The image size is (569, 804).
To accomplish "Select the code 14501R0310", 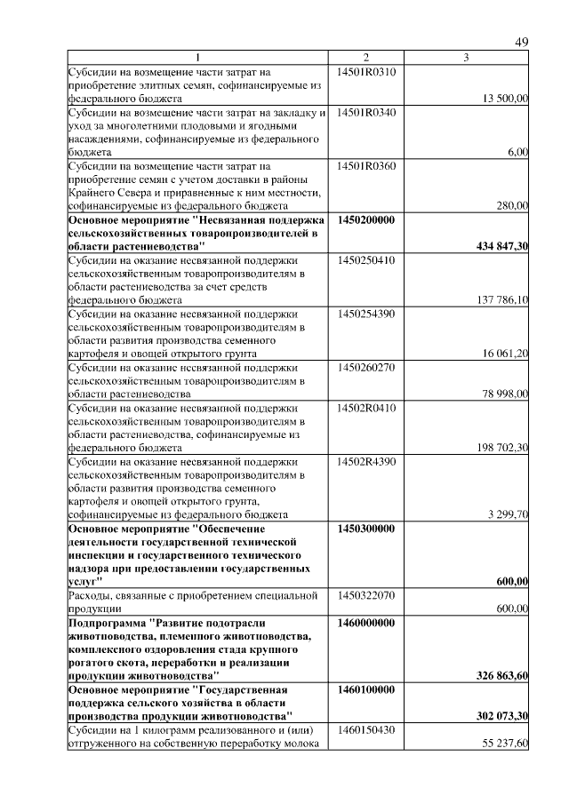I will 366,70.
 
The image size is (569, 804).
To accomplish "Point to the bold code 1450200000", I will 366,219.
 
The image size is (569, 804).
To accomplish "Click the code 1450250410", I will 366,260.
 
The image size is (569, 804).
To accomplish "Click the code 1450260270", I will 366,367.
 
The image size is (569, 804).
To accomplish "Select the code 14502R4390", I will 366,462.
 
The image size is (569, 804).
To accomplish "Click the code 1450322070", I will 366,594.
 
